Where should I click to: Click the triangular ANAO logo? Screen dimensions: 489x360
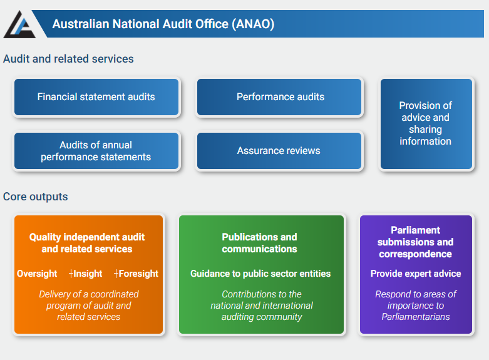click(x=19, y=25)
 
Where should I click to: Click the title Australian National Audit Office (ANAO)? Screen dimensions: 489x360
click(x=163, y=24)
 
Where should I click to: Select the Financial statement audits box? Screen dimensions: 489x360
click(x=96, y=97)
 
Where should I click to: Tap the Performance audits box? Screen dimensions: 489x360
click(x=279, y=97)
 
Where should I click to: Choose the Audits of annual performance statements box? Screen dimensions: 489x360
click(x=96, y=151)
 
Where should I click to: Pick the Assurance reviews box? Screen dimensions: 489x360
click(x=279, y=151)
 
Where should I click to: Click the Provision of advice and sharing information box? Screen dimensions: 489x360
click(x=426, y=124)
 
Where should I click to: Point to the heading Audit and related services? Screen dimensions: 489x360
click(x=68, y=59)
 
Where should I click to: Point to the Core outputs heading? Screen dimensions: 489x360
click(x=35, y=197)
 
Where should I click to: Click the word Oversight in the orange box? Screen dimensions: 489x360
click(x=37, y=274)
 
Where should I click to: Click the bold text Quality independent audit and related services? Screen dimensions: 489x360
click(x=87, y=243)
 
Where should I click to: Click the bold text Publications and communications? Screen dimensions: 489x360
click(x=259, y=243)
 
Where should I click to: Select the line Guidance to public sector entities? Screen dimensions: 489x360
click(x=260, y=274)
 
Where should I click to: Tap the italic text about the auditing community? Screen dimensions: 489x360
click(x=262, y=306)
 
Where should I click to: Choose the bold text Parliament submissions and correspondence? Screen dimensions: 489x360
click(x=415, y=242)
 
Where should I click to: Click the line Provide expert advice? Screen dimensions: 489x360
click(x=416, y=274)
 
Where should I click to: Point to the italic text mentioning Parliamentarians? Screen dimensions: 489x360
click(x=416, y=306)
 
